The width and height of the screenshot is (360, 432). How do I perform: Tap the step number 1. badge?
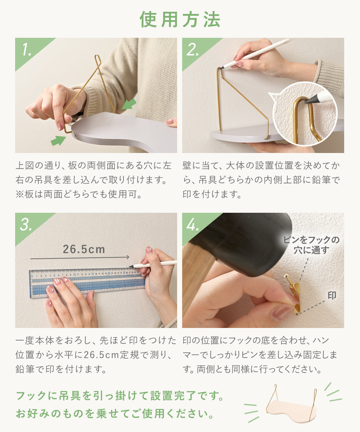27,50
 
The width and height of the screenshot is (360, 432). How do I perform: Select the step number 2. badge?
193,50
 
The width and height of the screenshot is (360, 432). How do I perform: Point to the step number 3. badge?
26,225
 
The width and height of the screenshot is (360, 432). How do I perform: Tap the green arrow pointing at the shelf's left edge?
58,140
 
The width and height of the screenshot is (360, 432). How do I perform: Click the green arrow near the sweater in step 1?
129,104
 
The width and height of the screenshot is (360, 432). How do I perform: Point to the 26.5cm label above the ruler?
84,249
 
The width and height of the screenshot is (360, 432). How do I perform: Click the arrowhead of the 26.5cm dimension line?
128,257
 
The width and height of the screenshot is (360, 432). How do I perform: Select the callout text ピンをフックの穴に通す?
311,245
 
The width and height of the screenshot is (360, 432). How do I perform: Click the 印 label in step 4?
332,296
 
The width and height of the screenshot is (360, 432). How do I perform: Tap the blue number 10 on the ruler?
75,275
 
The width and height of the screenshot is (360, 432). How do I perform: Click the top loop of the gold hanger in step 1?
98,59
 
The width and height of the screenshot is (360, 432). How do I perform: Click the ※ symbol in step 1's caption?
20,194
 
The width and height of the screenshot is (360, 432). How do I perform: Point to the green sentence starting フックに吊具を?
120,396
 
